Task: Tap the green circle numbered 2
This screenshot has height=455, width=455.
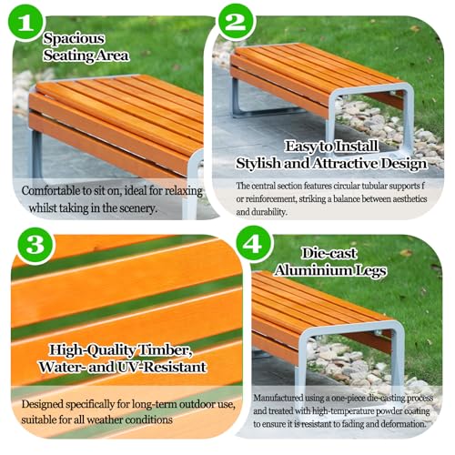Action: (x=236, y=22)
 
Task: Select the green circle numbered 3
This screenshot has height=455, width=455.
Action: (x=35, y=245)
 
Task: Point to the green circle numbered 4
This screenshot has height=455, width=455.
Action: (x=253, y=244)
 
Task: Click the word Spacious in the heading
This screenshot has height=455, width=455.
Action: (x=74, y=38)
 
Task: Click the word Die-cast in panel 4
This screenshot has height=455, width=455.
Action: (x=329, y=254)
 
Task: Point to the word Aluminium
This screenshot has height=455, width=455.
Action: (x=311, y=270)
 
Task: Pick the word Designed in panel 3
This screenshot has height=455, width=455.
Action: (x=42, y=405)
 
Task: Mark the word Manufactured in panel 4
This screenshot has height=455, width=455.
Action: (x=278, y=398)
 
